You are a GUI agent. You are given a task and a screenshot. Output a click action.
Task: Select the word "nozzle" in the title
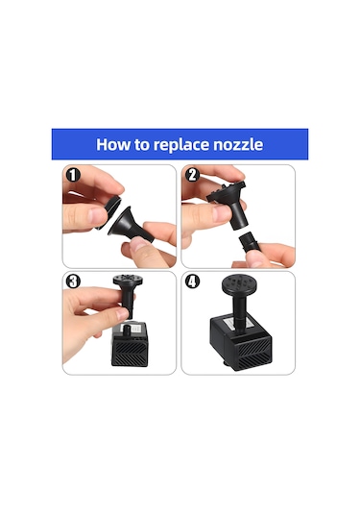(x=238, y=144)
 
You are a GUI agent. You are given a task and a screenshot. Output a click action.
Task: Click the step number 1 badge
(x=73, y=175)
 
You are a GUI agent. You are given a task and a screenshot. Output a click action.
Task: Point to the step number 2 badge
(x=192, y=175)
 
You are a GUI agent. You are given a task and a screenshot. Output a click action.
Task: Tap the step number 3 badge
(x=73, y=281)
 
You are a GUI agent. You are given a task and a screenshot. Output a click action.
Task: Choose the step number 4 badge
(x=192, y=281)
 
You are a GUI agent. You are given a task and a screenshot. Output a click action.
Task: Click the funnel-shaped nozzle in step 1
(x=130, y=225)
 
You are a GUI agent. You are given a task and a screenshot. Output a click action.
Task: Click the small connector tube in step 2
(x=250, y=241)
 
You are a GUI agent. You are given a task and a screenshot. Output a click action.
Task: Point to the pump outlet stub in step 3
(x=127, y=330)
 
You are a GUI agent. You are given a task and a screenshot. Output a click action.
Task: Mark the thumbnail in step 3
(x=122, y=315)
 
